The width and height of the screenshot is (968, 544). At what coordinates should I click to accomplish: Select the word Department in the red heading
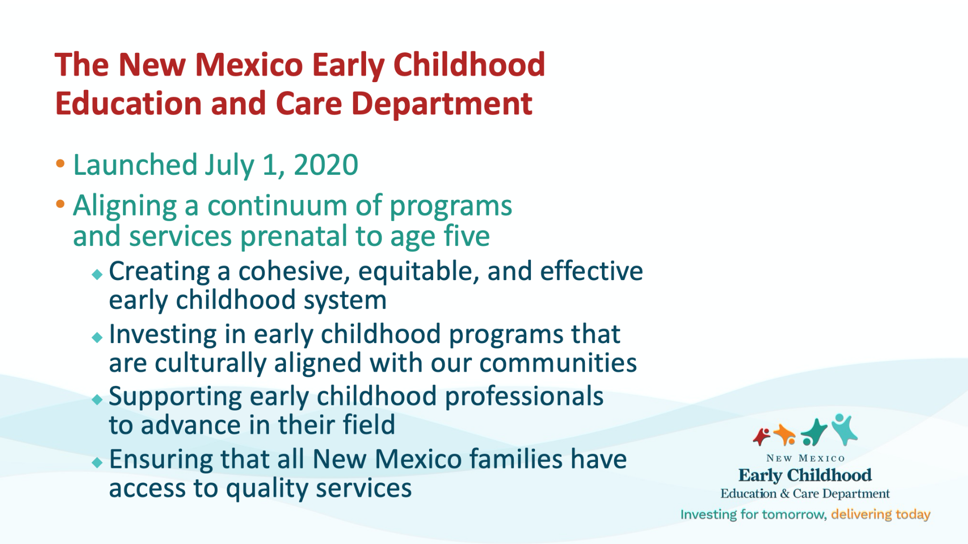pyautogui.click(x=442, y=104)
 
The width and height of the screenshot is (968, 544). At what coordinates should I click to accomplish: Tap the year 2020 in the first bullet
pyautogui.click(x=326, y=165)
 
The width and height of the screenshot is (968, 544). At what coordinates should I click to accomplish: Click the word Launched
pyautogui.click(x=135, y=165)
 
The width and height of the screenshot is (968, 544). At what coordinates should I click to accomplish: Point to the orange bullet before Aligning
pyautogui.click(x=60, y=204)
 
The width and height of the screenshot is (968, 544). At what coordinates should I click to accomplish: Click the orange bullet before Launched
pyautogui.click(x=60, y=163)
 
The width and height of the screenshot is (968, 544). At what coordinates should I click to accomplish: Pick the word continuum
pyautogui.click(x=277, y=206)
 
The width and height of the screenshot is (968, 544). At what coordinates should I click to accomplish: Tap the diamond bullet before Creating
pyautogui.click(x=97, y=275)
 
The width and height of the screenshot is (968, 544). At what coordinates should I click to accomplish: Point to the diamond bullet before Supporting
pyautogui.click(x=97, y=400)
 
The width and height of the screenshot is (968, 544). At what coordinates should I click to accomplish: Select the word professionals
pyautogui.click(x=524, y=397)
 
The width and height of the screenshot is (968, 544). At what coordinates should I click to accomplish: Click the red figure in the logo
pyautogui.click(x=762, y=436)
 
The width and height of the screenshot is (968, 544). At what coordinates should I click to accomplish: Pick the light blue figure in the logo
pyautogui.click(x=844, y=429)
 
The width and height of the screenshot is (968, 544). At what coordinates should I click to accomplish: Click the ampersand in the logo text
pyautogui.click(x=784, y=494)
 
